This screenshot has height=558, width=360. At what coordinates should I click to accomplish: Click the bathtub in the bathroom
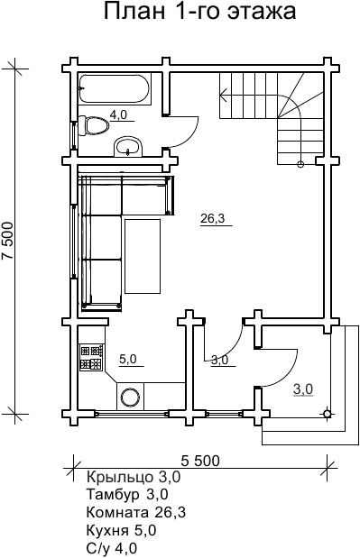114,89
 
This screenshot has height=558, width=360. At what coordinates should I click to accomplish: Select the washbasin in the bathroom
128,147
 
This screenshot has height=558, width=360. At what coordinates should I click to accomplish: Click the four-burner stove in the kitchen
91,358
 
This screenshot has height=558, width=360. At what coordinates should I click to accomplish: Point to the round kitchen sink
130,396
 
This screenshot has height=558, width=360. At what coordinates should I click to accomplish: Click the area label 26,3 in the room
213,218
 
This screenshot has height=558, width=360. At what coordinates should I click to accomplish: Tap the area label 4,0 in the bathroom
118,114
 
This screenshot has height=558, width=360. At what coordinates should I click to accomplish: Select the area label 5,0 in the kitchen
128,359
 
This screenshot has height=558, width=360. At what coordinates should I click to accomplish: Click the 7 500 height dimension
8,242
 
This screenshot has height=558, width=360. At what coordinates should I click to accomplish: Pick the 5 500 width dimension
200,461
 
